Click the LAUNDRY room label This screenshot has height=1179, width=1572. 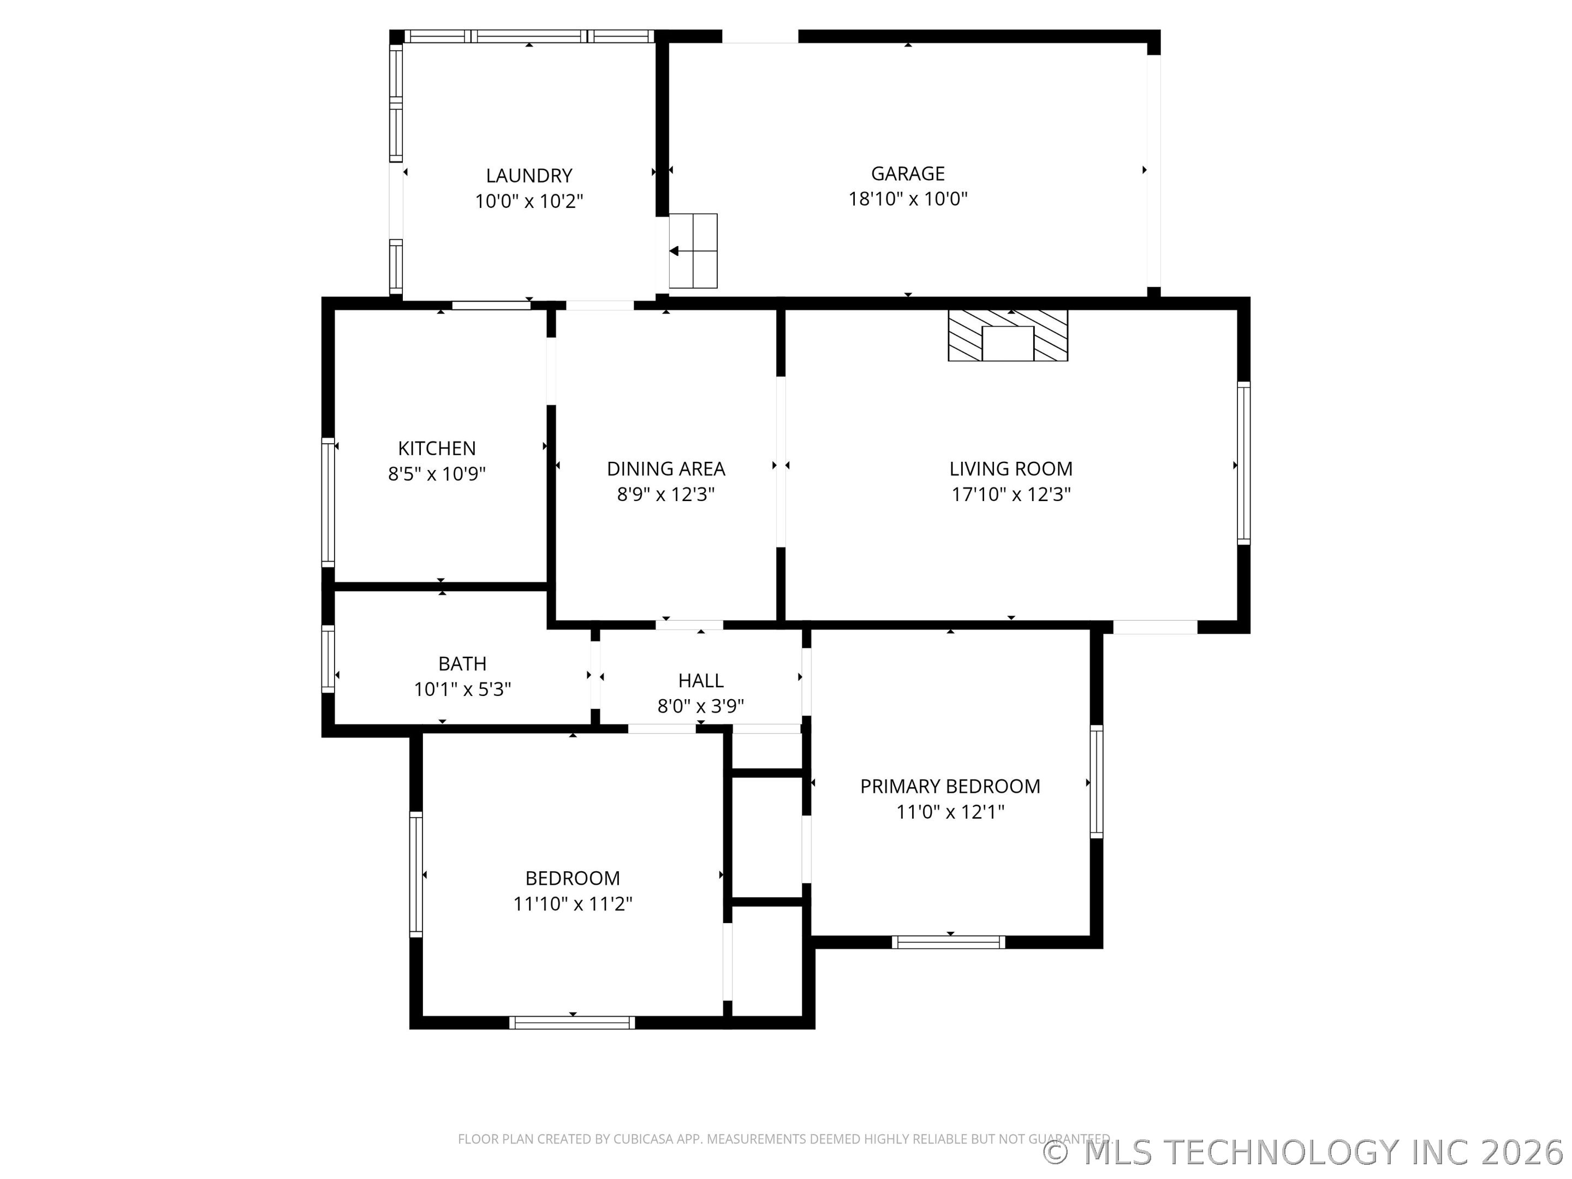point(529,176)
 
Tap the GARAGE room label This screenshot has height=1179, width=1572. point(908,174)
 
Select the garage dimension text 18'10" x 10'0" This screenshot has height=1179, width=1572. point(908,199)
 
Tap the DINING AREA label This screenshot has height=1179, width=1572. point(666,469)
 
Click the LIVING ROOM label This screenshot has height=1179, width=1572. point(1010,469)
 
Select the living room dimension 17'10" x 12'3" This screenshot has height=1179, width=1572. point(1010,495)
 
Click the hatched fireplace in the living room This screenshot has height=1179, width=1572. point(1008,336)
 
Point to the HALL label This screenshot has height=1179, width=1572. point(701,681)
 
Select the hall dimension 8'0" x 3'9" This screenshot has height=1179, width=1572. point(701,706)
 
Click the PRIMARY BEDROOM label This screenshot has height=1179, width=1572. point(950,787)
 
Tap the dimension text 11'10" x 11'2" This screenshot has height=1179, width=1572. point(573,904)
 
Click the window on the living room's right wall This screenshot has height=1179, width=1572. point(1243,463)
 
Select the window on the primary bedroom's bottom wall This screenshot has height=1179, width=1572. point(949,942)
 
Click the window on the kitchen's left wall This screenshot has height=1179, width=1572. point(327,503)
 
